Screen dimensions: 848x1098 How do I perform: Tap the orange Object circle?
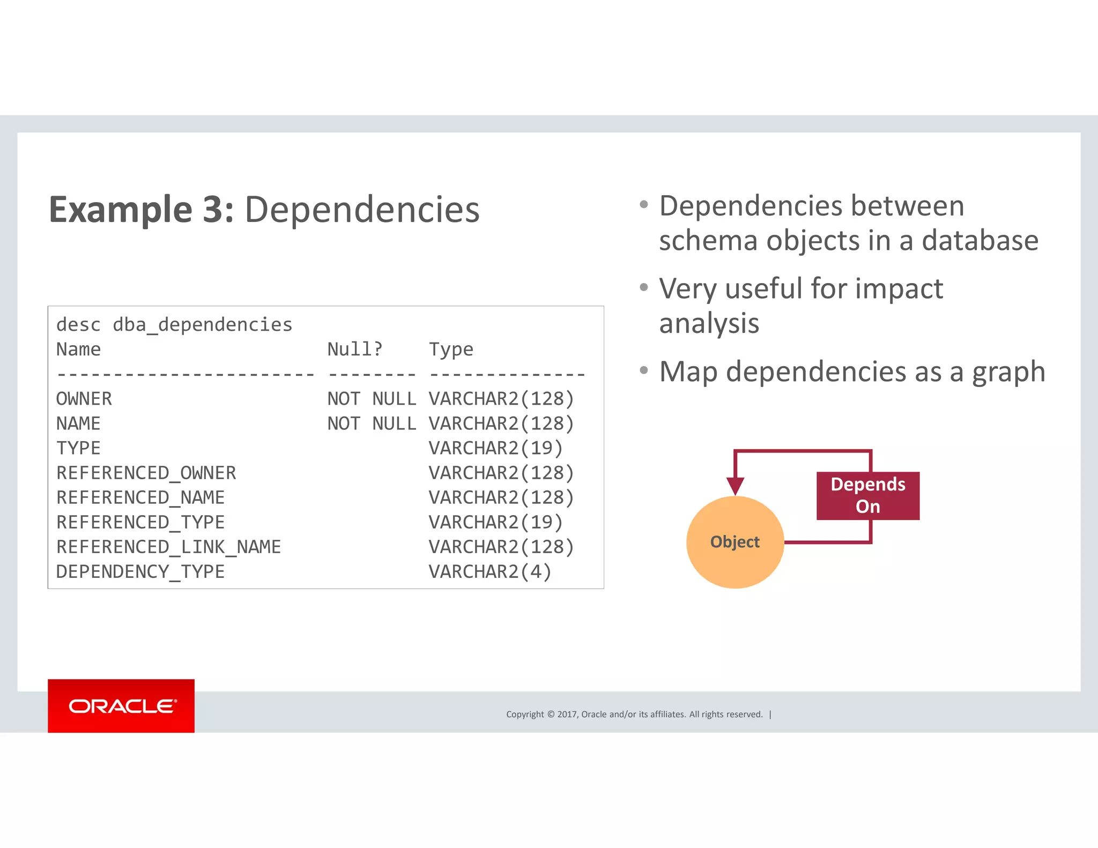point(735,542)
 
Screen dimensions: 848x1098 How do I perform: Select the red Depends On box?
point(867,495)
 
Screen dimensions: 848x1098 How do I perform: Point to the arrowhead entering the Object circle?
point(735,486)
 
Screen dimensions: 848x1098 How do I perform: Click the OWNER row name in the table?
point(84,399)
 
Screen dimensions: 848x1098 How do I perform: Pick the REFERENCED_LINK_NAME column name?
point(168,547)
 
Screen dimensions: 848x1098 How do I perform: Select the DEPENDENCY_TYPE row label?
point(140,571)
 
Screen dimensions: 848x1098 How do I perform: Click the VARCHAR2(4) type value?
point(490,571)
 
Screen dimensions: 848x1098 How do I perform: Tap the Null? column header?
point(355,349)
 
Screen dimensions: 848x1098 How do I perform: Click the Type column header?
point(451,349)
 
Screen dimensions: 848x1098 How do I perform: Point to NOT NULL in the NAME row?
point(372,423)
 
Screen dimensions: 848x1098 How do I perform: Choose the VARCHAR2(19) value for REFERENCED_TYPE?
point(495,522)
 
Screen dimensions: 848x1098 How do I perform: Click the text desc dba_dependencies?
point(174,325)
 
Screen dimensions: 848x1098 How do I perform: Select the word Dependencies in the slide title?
point(362,209)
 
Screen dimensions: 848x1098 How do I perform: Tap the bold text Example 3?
point(142,209)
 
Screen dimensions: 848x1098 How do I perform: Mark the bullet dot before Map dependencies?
point(644,370)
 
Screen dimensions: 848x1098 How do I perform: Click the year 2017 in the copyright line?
point(567,714)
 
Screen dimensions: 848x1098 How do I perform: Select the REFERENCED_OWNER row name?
point(146,473)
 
